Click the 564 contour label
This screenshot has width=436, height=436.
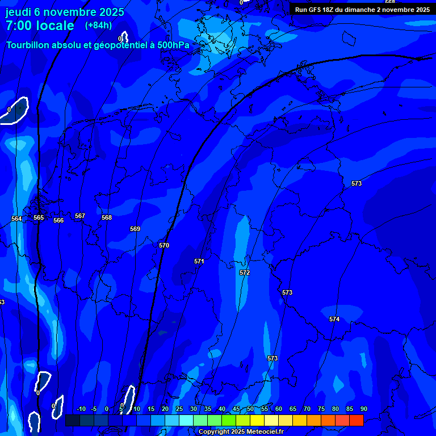coord(16,219)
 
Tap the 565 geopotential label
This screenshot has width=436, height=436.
coord(39,217)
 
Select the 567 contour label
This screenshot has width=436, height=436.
coord(80,216)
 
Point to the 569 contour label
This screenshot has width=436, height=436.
coord(135,229)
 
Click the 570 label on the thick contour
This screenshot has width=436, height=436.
coord(164,245)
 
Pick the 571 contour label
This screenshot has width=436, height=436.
coord(199,261)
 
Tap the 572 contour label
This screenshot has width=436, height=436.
coord(245,272)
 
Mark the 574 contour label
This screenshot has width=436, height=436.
coord(334,319)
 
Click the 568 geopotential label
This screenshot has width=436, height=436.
coord(107,217)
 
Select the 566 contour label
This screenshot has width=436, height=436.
coord(58,220)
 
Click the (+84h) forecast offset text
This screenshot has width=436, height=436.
coord(98,25)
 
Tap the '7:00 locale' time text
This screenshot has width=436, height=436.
coord(40,26)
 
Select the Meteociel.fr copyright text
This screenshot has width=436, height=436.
coord(241,431)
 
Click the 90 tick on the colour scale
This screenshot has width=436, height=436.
coord(363,409)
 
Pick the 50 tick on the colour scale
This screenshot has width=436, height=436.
coord(250,409)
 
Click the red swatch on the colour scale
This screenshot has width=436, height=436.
coord(356,420)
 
